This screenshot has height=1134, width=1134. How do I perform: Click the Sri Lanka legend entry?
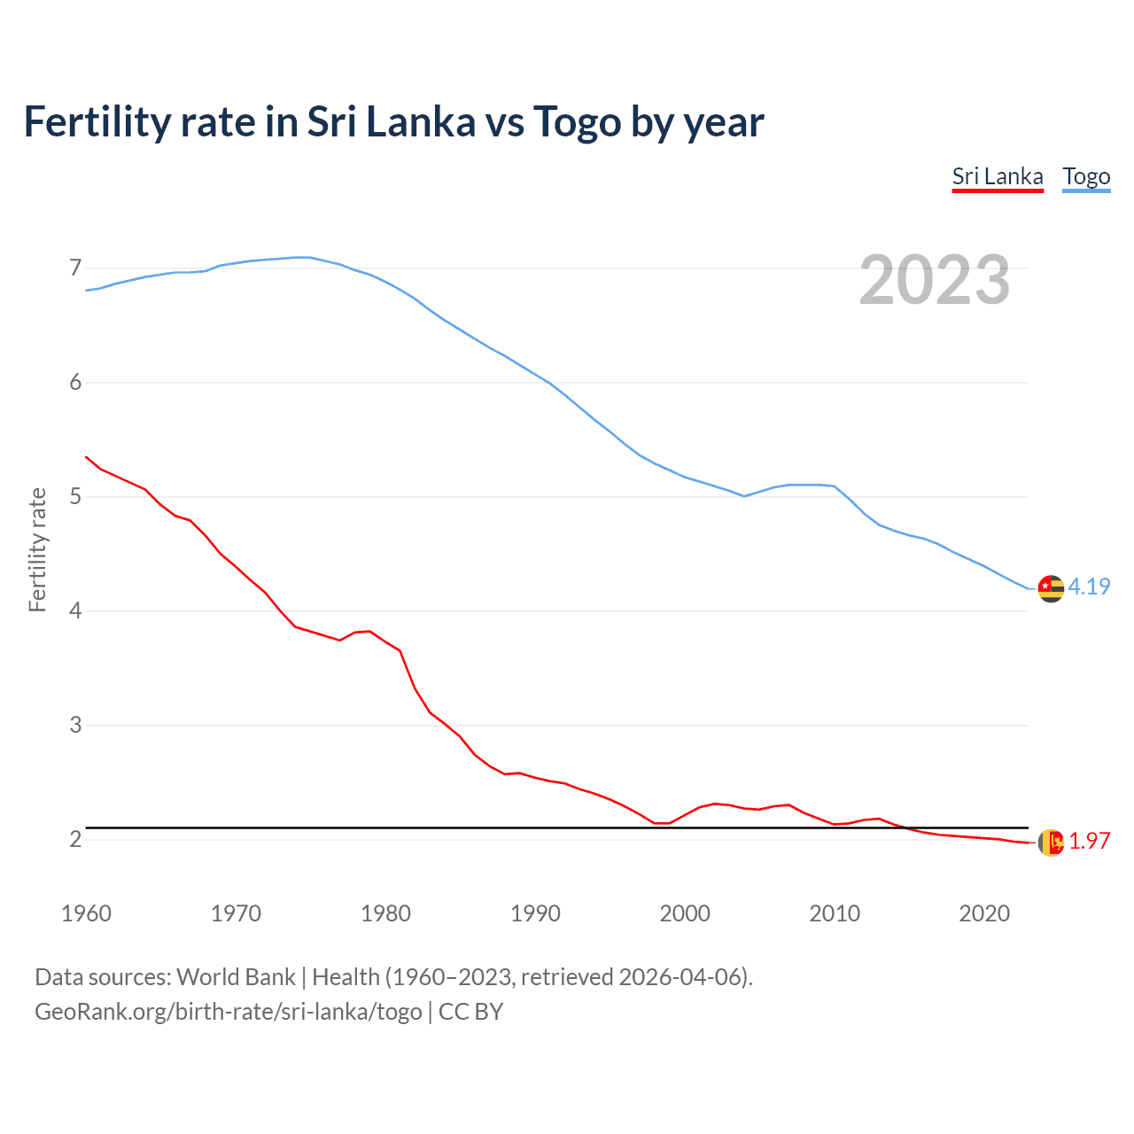pos(998,177)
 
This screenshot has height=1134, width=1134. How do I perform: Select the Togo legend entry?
pos(1086,177)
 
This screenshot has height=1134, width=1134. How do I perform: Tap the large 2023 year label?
pos(935,280)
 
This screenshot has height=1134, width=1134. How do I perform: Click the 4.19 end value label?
pos(1089,586)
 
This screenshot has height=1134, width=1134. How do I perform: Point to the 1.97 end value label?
pos(1089,841)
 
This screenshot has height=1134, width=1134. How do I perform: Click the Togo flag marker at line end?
pos(1051,588)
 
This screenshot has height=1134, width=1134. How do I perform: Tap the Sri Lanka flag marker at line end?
pos(1051,843)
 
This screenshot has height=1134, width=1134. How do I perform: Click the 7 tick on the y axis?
pos(75,268)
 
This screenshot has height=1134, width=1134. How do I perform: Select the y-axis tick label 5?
pos(75,496)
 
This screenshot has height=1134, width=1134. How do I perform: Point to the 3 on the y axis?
pos(75,725)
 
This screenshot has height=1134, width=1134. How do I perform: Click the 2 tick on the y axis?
pos(75,839)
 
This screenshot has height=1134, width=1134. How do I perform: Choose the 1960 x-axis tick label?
pos(86,913)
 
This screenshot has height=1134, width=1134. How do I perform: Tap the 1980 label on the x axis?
pos(385,913)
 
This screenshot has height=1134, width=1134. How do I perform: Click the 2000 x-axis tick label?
pos(685,913)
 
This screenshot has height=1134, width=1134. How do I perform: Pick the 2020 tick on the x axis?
pos(984,913)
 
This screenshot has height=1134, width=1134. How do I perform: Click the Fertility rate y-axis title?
pos(37,549)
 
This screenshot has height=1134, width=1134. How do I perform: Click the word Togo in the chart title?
pos(577,122)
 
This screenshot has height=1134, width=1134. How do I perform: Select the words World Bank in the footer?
pos(236,977)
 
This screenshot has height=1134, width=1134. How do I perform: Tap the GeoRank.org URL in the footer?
pos(228,1012)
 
